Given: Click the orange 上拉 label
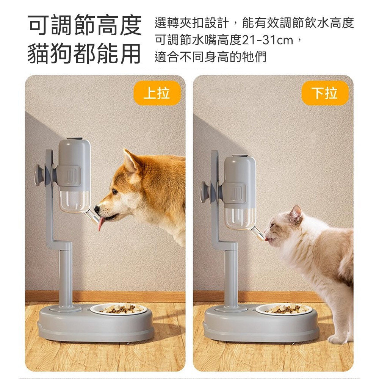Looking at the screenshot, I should (x=157, y=93).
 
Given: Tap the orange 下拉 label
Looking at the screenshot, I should (x=325, y=93).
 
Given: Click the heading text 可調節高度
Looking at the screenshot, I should (x=85, y=25).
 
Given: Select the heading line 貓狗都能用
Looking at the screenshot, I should (x=85, y=54).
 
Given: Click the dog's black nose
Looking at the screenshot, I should (x=97, y=208).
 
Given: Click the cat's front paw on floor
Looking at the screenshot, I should (x=337, y=338).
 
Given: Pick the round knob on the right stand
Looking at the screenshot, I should (x=205, y=192).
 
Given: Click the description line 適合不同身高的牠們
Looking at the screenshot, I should (x=210, y=57).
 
